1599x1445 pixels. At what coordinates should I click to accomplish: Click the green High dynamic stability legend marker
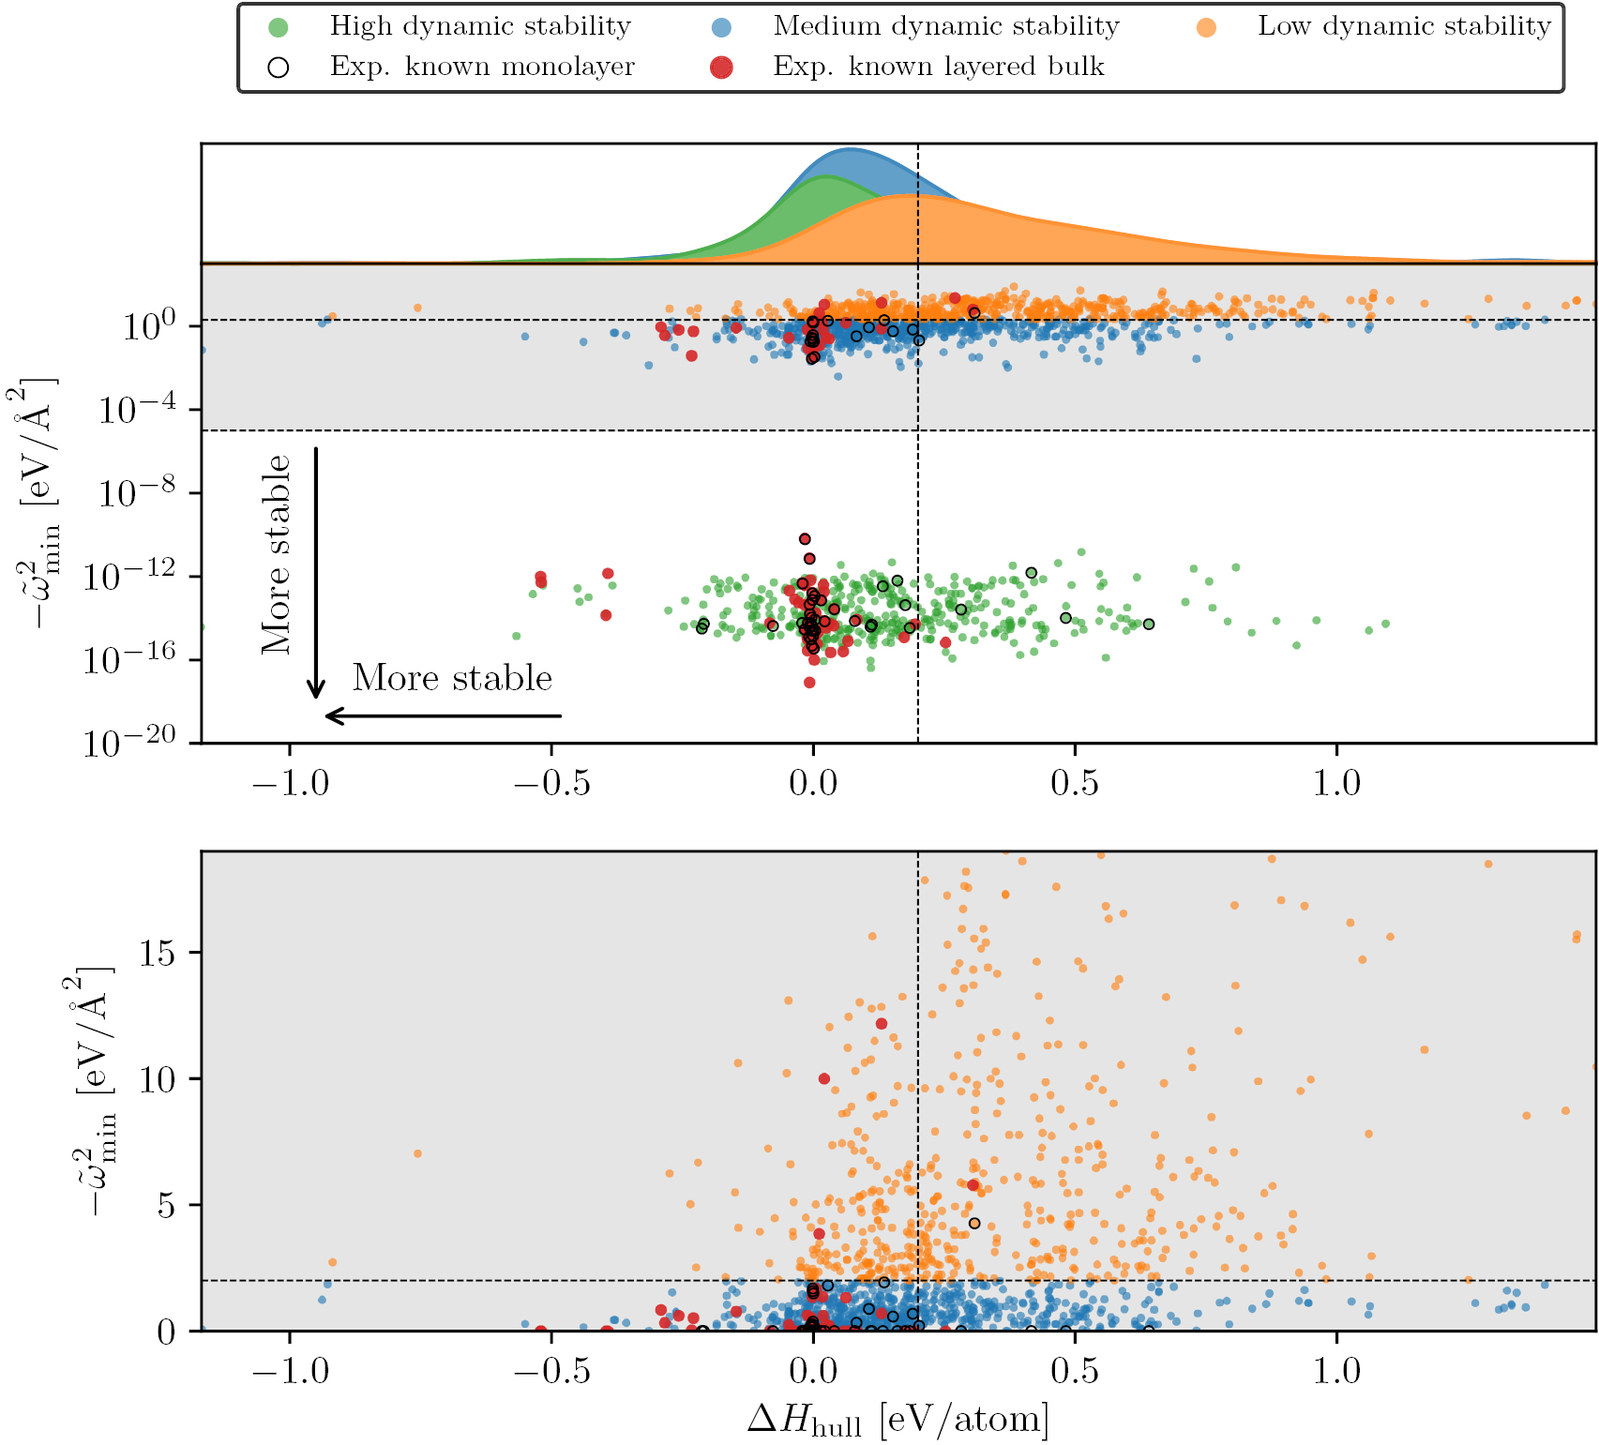279,27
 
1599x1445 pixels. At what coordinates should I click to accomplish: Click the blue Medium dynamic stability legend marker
721,27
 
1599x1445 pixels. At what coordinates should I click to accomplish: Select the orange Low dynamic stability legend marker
1206,27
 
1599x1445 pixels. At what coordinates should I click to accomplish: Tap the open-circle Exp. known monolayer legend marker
279,68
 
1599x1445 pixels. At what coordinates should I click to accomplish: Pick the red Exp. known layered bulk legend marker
721,68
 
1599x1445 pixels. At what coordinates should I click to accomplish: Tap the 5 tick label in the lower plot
166,1205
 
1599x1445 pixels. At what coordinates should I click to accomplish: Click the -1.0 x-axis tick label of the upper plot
290,783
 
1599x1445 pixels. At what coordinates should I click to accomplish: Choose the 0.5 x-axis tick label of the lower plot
1074,1371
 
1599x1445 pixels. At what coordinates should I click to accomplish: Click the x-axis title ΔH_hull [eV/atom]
898,1420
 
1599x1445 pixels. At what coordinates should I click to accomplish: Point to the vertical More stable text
276,555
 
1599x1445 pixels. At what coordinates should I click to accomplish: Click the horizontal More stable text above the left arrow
452,678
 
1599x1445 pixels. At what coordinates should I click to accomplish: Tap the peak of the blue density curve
850,149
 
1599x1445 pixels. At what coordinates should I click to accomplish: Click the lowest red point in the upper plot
809,683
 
